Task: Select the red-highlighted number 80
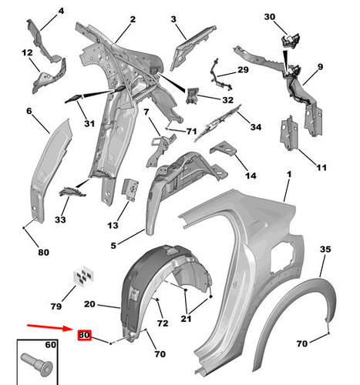(x=84, y=335)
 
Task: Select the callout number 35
(x=325, y=249)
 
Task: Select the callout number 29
(x=243, y=70)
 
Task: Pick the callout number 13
(x=113, y=225)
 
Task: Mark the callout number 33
(x=61, y=219)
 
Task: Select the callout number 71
(x=191, y=132)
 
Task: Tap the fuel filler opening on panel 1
(x=284, y=254)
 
